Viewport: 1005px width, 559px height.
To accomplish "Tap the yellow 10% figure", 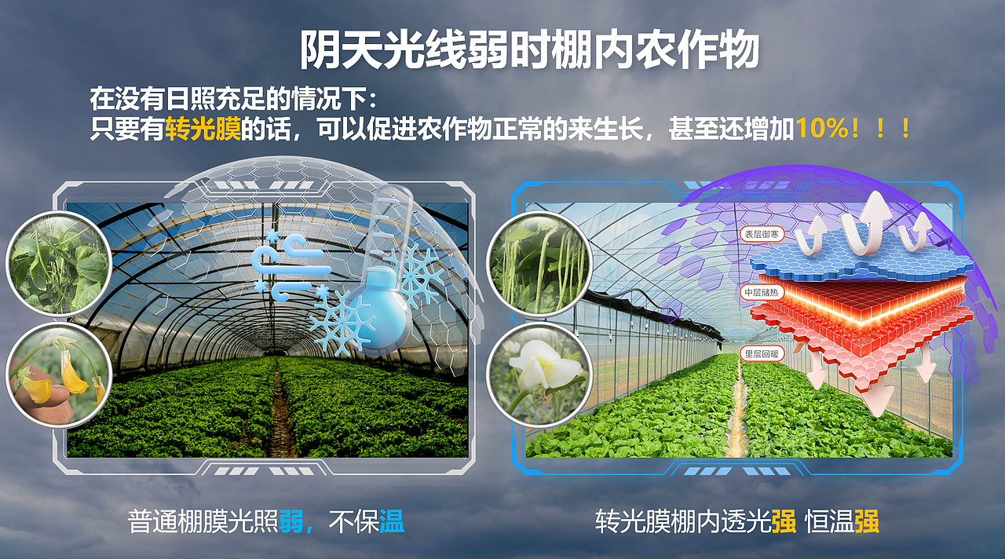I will [822, 130].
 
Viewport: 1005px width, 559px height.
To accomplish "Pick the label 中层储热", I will [761, 293].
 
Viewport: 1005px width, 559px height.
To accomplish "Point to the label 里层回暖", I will [761, 354].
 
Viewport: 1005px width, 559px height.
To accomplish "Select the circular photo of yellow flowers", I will [59, 374].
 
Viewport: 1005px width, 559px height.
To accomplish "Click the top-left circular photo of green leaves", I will [59, 263].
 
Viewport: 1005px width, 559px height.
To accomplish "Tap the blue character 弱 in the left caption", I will [291, 521].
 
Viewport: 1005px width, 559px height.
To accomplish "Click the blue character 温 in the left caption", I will [392, 521].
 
